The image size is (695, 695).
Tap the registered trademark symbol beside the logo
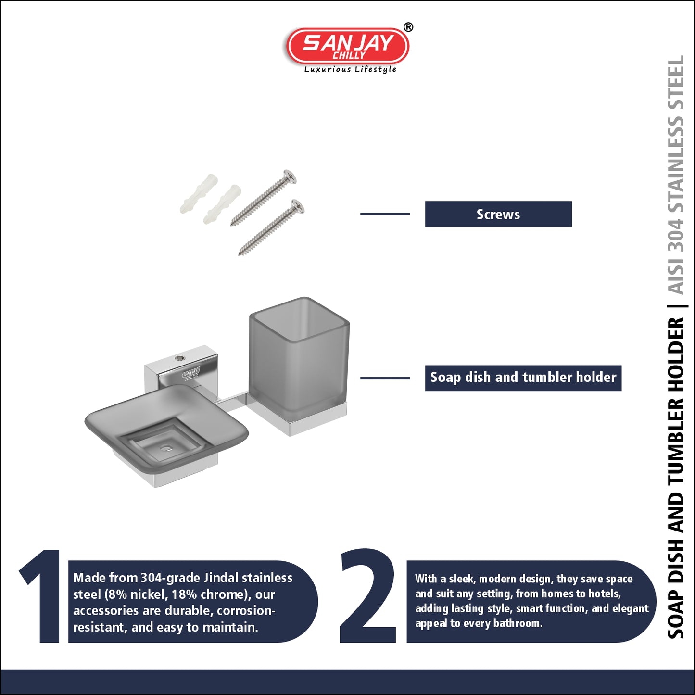click(408, 27)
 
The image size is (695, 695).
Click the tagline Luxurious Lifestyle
click(350, 69)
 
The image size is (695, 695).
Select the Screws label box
click(498, 214)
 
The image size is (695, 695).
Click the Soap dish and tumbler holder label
click(523, 378)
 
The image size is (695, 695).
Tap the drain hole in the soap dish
click(166, 449)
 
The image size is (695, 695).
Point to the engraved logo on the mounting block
click(191, 373)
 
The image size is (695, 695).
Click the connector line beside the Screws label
click(385, 214)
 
